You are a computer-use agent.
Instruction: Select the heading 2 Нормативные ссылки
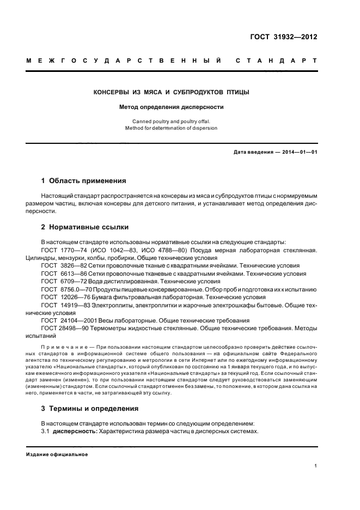pos(85,227)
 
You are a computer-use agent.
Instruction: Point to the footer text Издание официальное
pos(57,454)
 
